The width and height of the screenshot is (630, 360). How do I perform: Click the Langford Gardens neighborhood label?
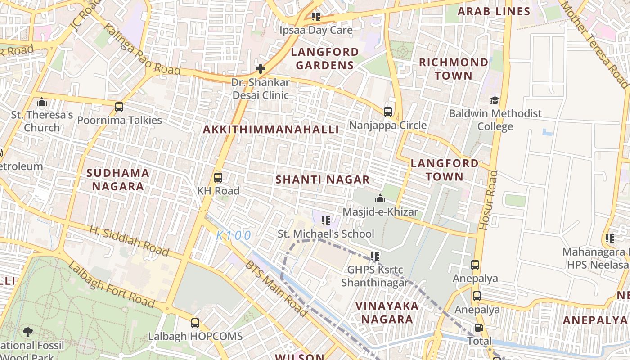pyautogui.click(x=324, y=58)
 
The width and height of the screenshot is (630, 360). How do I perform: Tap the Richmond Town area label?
pyautogui.click(x=454, y=69)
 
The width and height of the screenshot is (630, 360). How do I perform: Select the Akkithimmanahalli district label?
pyautogui.click(x=271, y=130)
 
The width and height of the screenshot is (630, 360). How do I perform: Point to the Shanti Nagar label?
pyautogui.click(x=322, y=180)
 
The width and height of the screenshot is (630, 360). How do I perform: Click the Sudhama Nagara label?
pyautogui.click(x=117, y=180)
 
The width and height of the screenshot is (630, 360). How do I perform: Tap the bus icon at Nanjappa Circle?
pyautogui.click(x=387, y=112)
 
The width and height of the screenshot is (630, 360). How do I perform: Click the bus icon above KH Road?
pyautogui.click(x=218, y=178)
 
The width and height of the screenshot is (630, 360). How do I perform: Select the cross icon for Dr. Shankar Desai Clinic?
pyautogui.click(x=260, y=69)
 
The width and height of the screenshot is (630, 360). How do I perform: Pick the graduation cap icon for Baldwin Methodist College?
pyautogui.click(x=495, y=100)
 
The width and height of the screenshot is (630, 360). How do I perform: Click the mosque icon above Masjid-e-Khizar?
pyautogui.click(x=380, y=198)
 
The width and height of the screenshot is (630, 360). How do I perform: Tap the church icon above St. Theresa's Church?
pyautogui.click(x=42, y=102)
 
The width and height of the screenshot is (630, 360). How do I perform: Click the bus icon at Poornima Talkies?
pyautogui.click(x=119, y=107)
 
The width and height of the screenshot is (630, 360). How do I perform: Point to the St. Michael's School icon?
pyautogui.click(x=326, y=220)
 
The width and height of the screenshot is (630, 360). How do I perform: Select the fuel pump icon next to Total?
pyautogui.click(x=479, y=328)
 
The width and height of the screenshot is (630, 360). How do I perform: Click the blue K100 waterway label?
pyautogui.click(x=234, y=235)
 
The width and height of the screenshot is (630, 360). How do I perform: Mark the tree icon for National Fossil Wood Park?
pyautogui.click(x=28, y=332)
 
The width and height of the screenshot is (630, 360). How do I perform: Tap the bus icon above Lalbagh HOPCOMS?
pyautogui.click(x=195, y=323)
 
